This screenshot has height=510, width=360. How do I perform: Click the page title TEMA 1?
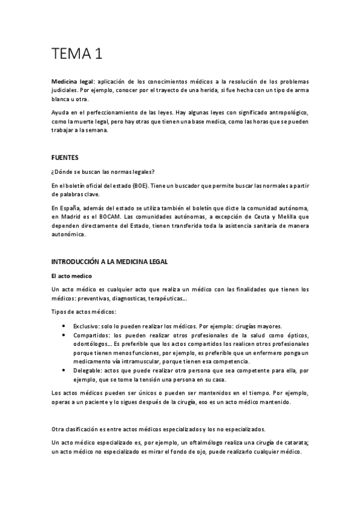[x=76, y=54]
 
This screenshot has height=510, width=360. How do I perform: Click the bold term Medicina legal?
[x=69, y=81]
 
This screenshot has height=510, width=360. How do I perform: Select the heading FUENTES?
[x=66, y=157]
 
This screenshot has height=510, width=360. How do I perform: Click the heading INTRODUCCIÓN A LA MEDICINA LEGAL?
[x=111, y=262]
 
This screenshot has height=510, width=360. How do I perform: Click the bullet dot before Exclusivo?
[x=64, y=325]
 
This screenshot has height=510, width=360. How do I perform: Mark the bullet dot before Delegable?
[x=64, y=372]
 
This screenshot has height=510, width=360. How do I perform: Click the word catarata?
[x=295, y=443]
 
